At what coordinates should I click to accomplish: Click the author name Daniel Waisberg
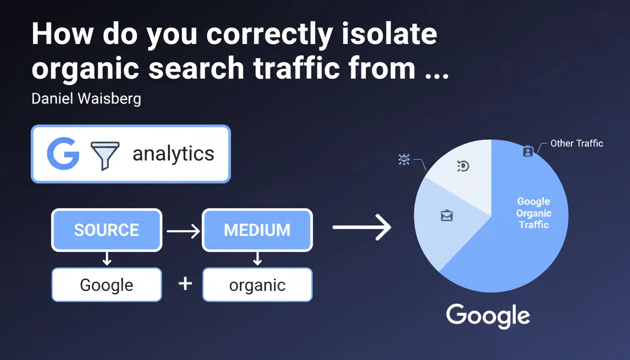[86, 99]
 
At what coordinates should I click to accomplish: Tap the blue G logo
[63, 154]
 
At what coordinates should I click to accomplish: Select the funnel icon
[105, 156]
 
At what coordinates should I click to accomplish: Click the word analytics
[173, 154]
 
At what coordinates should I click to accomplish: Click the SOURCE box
[106, 230]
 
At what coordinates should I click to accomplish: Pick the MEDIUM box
[257, 230]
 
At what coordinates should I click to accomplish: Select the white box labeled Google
[106, 285]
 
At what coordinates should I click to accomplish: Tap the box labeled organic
[257, 285]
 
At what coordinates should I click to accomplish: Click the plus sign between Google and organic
[185, 284]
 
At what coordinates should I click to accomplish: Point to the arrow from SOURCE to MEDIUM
[183, 231]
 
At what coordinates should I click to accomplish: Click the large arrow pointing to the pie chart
[362, 227]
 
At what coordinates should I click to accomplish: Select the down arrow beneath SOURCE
[107, 259]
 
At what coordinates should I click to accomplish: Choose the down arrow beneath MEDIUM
[257, 259]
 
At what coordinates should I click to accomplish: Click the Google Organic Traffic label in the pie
[533, 213]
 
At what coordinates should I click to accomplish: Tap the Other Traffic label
[577, 143]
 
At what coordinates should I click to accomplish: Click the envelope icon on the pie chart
[447, 216]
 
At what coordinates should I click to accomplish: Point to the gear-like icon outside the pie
[404, 159]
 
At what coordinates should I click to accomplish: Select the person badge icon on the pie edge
[528, 151]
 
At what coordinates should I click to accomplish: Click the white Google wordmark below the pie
[488, 315]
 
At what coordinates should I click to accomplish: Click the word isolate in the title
[390, 34]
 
